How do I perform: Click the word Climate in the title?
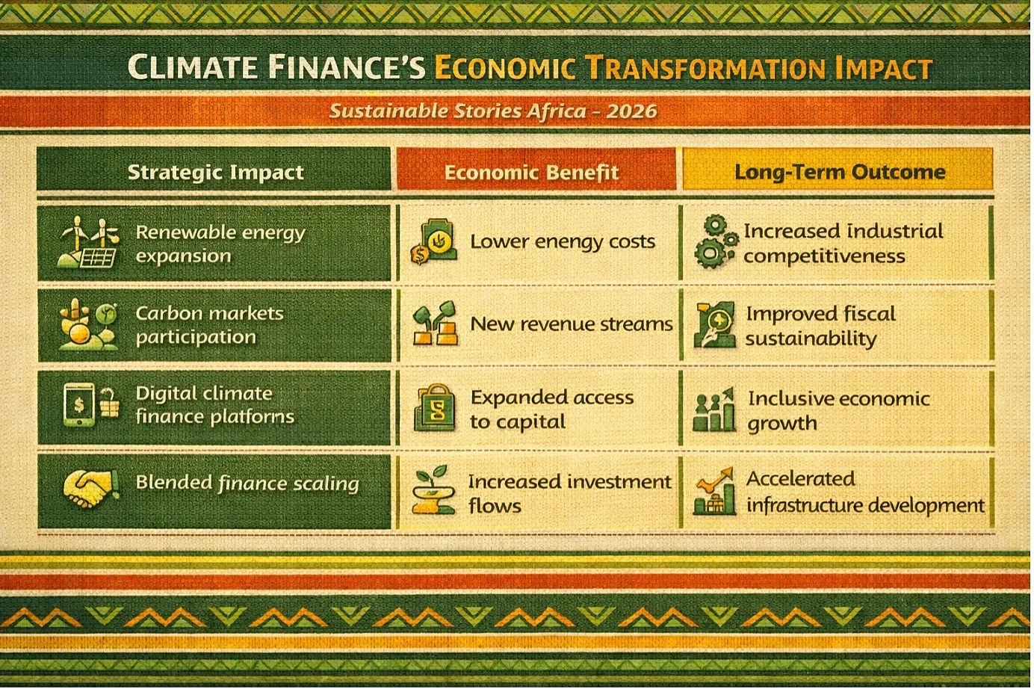tap(192, 67)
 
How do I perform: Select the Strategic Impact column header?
tap(215, 172)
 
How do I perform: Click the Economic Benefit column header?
tap(531, 172)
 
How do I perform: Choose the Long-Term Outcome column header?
tap(840, 172)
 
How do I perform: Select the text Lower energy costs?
tap(563, 241)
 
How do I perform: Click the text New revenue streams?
tap(572, 324)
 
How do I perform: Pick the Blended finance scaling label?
tap(247, 483)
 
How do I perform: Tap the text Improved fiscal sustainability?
tap(821, 326)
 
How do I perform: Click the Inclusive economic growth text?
tap(839, 410)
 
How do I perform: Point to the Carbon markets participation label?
tap(210, 325)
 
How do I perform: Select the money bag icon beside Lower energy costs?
tap(434, 241)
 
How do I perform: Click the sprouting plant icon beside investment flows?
tap(433, 489)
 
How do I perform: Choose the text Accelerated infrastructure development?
tap(865, 492)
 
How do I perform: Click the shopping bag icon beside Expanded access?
tap(435, 407)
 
